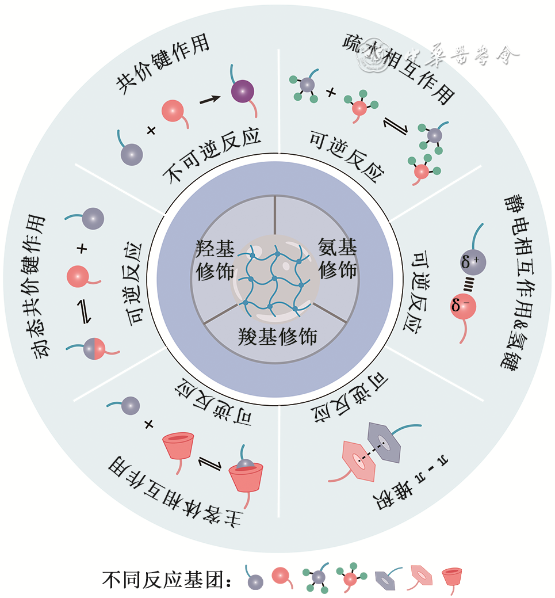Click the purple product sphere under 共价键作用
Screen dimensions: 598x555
pos(243,91)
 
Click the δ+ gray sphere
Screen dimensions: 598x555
pos(473,262)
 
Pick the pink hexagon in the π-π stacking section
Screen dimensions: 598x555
pos(359,459)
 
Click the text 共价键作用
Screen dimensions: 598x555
pos(162,65)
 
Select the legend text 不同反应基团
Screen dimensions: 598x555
pos(167,580)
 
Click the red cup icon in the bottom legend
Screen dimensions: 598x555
pos(451,577)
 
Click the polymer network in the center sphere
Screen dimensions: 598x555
pos(275,279)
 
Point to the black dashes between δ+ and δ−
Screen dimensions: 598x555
pos(468,283)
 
